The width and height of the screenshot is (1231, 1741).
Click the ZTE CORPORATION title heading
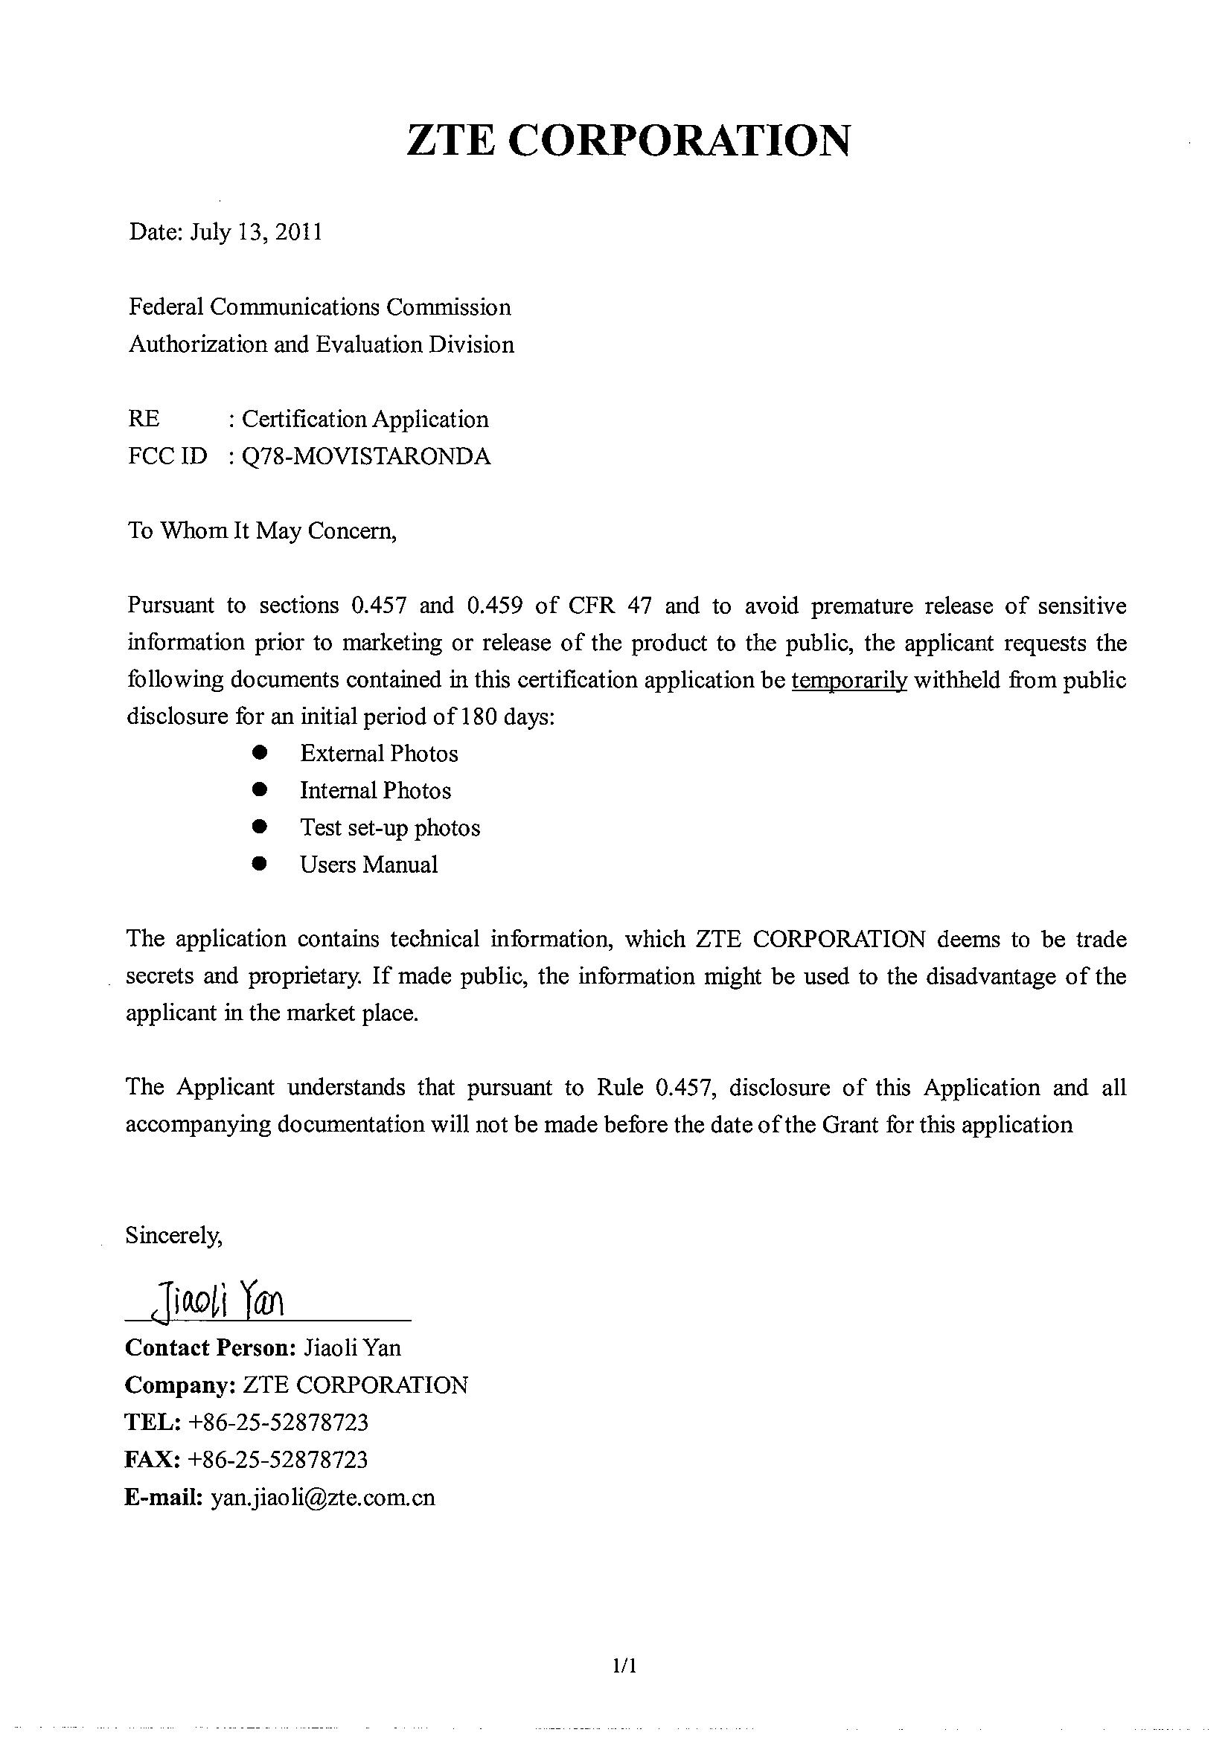point(628,141)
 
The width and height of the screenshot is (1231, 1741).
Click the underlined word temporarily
point(848,680)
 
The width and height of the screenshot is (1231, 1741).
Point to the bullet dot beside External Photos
point(260,753)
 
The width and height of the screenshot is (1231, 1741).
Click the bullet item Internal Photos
point(375,791)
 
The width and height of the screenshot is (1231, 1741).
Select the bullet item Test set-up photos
point(390,827)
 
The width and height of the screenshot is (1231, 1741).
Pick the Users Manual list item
point(368,865)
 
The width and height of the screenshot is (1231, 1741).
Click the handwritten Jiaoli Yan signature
point(217,1301)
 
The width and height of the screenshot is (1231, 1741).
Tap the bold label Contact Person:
point(210,1347)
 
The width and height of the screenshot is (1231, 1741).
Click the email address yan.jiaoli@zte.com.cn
point(323,1497)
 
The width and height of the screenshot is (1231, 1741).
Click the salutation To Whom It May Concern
point(263,530)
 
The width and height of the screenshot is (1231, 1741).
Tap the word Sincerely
point(173,1235)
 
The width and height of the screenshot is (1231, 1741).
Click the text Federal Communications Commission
point(319,307)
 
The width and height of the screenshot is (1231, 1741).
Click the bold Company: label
point(180,1385)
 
